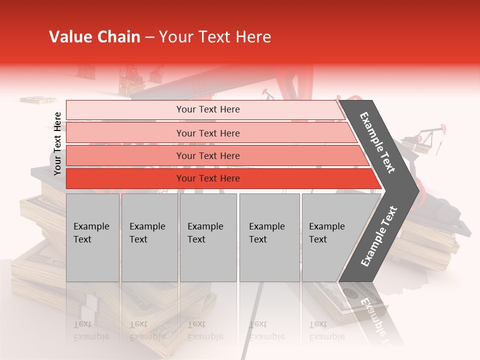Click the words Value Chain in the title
pyautogui.click(x=94, y=37)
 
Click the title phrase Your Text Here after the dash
pyautogui.click(x=214, y=37)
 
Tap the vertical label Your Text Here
pyautogui.click(x=57, y=143)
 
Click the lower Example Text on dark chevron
pyautogui.click(x=379, y=236)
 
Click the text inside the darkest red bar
pyautogui.click(x=208, y=178)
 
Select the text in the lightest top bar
pyautogui.click(x=208, y=109)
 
